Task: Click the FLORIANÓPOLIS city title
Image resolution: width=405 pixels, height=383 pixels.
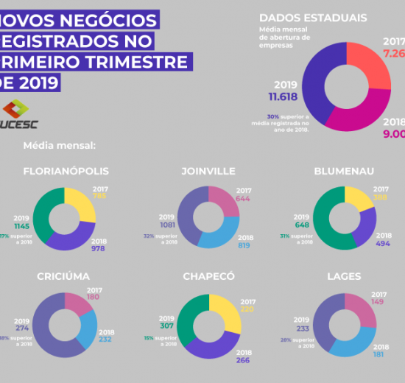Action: coord(66,172)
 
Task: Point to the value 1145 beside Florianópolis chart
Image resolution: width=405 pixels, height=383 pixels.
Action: coord(18,226)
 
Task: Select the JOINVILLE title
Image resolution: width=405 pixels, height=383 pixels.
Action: coord(208,172)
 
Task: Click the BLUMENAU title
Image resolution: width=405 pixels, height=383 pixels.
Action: coord(343,172)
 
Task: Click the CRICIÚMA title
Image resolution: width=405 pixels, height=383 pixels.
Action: coord(63,276)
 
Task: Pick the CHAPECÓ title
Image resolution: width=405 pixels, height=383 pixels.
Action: coord(208,276)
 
